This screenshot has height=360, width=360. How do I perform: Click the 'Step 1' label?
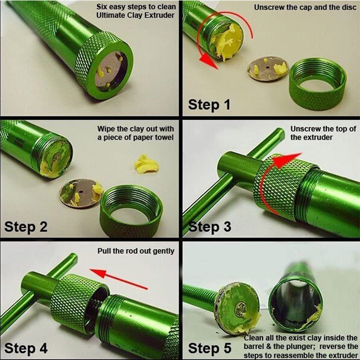pos(209,105)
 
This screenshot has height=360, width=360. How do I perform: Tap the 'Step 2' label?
pos(26,227)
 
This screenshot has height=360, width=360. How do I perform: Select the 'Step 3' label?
pos(210,227)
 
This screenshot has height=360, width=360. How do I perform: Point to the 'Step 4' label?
pos(26,348)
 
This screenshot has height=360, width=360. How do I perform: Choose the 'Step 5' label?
pos(210,348)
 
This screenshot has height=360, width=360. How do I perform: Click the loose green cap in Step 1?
pos(318,84)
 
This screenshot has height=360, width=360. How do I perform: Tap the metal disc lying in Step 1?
pos(268,68)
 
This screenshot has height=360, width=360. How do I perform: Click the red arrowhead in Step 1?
pos(208,62)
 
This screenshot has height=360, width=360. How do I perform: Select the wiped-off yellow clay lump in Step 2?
pos(146,164)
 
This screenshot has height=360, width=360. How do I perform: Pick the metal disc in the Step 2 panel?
pos(81,193)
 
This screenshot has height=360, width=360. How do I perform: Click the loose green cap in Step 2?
pos(131,211)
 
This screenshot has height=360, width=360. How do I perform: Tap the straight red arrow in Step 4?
pos(118,279)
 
